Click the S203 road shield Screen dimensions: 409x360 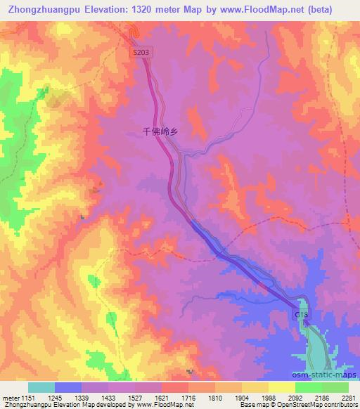pyautogui.click(x=140, y=52)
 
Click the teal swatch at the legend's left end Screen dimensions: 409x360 pyautogui.click(x=41, y=387)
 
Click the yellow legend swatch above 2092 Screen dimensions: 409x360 pyautogui.click(x=282, y=387)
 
